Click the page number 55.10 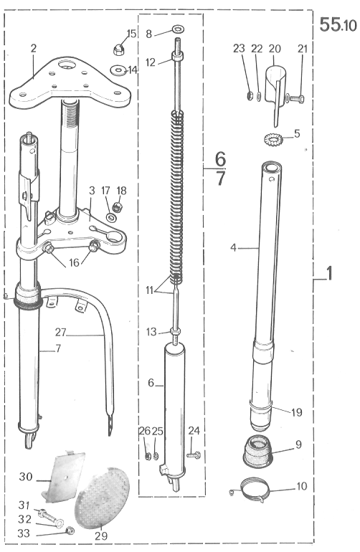coord(338,25)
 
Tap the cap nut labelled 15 coord(119,49)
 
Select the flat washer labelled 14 coord(118,70)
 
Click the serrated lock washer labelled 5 coord(273,138)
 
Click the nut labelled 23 coord(249,95)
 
